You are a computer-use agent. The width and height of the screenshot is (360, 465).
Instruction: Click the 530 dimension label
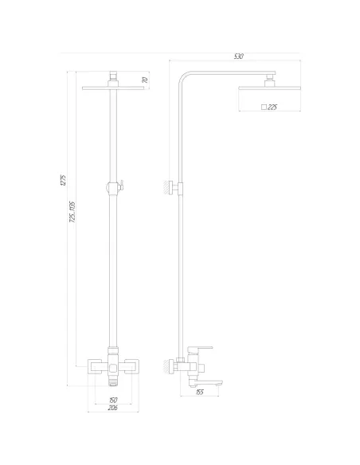tap(238, 56)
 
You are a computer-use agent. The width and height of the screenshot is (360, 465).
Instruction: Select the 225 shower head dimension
tap(272, 107)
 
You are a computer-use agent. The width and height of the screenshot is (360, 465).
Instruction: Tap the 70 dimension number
tap(144, 80)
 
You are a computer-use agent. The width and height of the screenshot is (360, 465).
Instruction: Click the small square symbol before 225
tap(263, 107)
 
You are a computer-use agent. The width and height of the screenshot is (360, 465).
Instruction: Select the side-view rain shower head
tap(268, 88)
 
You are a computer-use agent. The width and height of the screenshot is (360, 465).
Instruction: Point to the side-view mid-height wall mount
tap(170, 188)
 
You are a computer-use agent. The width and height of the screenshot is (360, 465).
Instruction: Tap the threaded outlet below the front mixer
tap(112, 384)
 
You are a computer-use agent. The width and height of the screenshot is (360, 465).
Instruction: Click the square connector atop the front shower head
tap(113, 76)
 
